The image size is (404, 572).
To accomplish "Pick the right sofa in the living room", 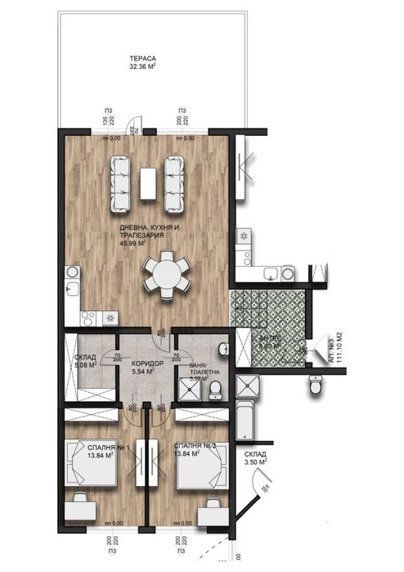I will point(174,182).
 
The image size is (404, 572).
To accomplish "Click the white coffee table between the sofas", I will point(149,182).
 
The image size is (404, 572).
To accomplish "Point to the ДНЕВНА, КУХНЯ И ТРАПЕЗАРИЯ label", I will point(142,234).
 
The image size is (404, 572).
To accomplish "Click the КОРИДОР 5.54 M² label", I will point(148,366).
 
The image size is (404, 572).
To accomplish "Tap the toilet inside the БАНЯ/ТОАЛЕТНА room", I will point(217,388).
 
